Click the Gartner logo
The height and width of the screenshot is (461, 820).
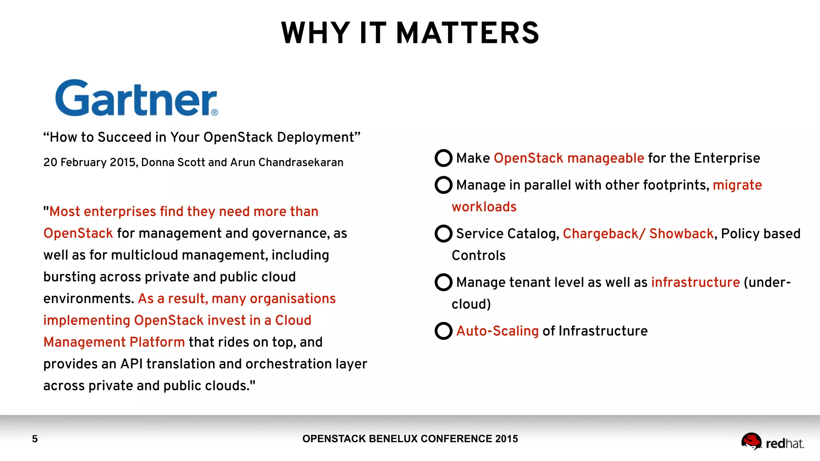pyautogui.click(x=136, y=98)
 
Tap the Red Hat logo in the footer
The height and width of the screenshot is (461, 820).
pyautogui.click(x=772, y=442)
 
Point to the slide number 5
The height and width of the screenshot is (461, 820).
pyautogui.click(x=35, y=439)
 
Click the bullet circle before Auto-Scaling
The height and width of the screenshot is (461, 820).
pyautogui.click(x=443, y=331)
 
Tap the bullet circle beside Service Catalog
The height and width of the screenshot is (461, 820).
pyautogui.click(x=443, y=234)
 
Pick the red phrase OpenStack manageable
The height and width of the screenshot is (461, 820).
pyautogui.click(x=569, y=158)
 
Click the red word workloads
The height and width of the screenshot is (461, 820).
pyautogui.click(x=484, y=207)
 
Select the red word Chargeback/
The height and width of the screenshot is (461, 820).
pyautogui.click(x=604, y=234)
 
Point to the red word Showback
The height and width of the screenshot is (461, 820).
pyautogui.click(x=681, y=234)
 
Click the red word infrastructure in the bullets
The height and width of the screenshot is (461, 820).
pyautogui.click(x=695, y=283)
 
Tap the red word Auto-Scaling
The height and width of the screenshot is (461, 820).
pyautogui.click(x=497, y=331)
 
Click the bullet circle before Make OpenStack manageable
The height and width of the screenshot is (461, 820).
pyautogui.click(x=443, y=158)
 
